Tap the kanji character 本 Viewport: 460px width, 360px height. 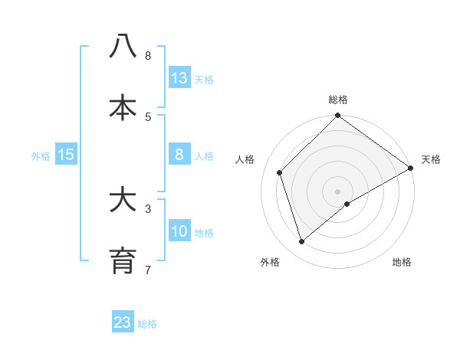(123, 108)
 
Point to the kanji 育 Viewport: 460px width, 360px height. (123, 261)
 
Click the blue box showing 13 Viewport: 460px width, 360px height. (179, 78)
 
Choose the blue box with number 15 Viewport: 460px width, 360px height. (66, 155)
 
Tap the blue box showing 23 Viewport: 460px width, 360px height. (123, 322)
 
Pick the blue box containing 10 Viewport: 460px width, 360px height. (179, 231)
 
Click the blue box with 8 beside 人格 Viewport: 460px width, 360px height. (179, 155)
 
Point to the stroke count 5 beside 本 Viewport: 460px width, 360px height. (148, 116)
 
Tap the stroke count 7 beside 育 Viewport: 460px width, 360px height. (148, 270)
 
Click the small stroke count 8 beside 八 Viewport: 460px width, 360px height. (148, 55)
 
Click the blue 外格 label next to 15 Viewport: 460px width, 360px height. (41, 155)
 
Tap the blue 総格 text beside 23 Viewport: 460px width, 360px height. (148, 324)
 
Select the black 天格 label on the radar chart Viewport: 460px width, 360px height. (431, 159)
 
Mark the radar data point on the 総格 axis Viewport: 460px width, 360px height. (337, 116)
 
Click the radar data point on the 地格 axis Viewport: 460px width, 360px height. (347, 204)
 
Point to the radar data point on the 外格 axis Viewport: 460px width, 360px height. (302, 241)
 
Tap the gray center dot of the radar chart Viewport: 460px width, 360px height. (337, 191)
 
